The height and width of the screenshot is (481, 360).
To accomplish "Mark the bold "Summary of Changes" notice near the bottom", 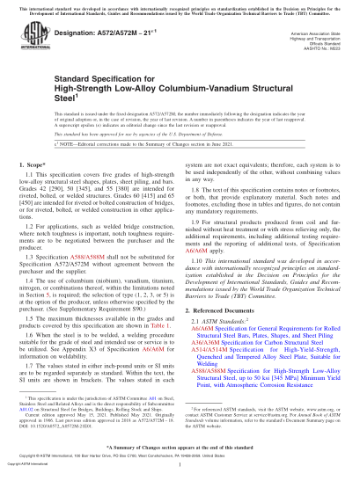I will (180, 448).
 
